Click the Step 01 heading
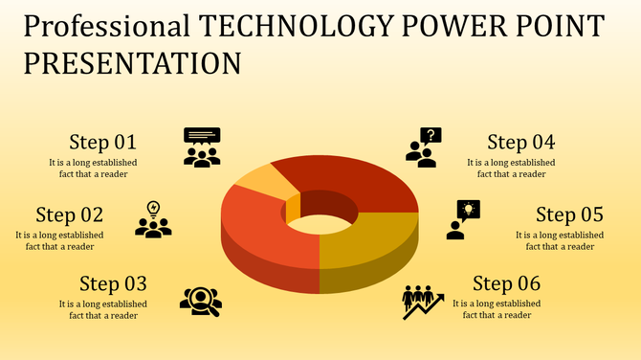[x=103, y=143]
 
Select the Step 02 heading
[x=69, y=214]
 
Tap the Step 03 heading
[x=113, y=283]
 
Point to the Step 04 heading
[x=520, y=143]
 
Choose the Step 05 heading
[x=569, y=214]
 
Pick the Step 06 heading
[x=506, y=283]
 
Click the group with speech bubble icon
[x=202, y=147]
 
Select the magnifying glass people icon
[x=201, y=301]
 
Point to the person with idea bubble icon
[x=462, y=219]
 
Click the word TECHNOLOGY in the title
[x=291, y=26]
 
